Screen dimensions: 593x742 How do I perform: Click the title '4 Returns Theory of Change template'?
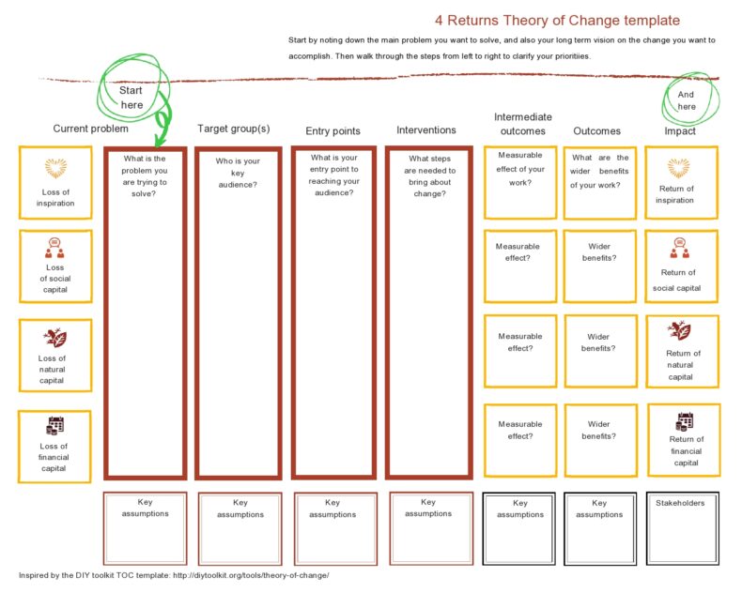(x=558, y=20)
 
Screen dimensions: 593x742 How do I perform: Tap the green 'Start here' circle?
(x=131, y=97)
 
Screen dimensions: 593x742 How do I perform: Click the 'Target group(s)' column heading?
(x=233, y=129)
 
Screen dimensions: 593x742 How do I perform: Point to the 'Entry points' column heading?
(x=332, y=131)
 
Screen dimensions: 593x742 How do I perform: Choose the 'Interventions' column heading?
(x=426, y=129)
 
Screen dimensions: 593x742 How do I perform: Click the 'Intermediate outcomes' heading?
(x=523, y=124)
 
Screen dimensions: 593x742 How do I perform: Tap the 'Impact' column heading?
(x=680, y=131)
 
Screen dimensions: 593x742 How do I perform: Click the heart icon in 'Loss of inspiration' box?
(x=56, y=169)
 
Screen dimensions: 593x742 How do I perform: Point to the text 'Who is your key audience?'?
(x=238, y=173)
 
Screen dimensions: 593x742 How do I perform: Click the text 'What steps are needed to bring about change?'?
(x=432, y=176)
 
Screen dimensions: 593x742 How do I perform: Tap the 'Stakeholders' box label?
(x=680, y=503)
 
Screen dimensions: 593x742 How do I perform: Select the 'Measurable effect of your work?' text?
(x=520, y=169)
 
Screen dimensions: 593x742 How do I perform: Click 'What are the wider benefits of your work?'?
(x=600, y=172)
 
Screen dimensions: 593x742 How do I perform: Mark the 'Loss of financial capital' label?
(x=54, y=457)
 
